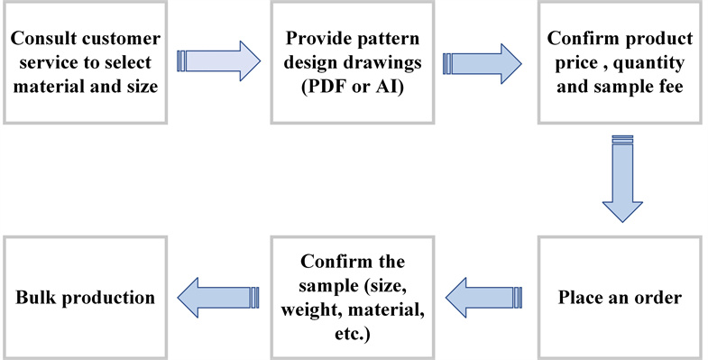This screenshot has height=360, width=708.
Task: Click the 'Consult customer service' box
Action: click(86, 61)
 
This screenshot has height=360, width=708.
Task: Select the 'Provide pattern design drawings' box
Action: click(353, 61)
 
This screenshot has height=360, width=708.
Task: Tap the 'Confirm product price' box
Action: click(620, 61)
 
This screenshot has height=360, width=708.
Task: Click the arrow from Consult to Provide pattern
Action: click(219, 61)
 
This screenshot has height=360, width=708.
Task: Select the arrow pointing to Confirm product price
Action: click(483, 61)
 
